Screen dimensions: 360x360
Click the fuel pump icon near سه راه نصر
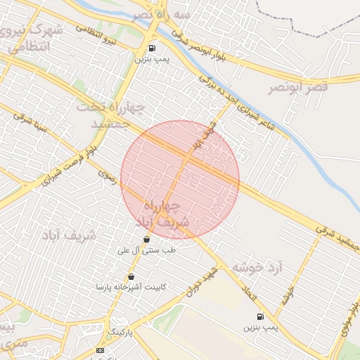pos(152,49)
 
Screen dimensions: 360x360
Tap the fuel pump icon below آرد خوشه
pos(261,316)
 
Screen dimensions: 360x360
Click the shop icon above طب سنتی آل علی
pos(146,239)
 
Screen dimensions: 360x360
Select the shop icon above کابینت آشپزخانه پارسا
pos(131,276)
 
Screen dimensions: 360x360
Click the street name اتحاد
pos(247,294)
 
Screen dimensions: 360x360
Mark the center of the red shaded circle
pos(180,180)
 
